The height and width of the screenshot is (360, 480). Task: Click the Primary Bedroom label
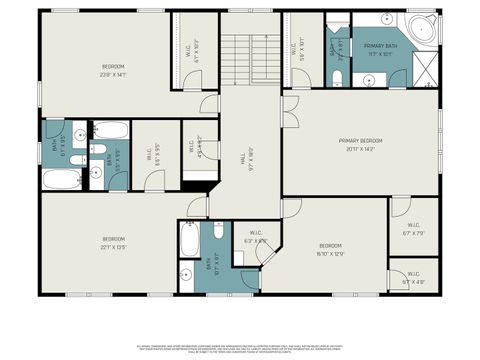coord(361,144)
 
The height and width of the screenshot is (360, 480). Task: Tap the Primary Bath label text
coord(381,50)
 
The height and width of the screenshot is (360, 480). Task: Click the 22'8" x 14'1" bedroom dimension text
coord(113,74)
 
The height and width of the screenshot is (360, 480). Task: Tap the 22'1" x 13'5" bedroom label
coord(114,242)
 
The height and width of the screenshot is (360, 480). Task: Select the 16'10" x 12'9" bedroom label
coord(331,249)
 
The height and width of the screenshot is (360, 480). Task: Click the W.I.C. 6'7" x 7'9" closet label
coord(414,229)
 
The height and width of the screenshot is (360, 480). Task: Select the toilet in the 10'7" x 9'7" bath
coord(186,274)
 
